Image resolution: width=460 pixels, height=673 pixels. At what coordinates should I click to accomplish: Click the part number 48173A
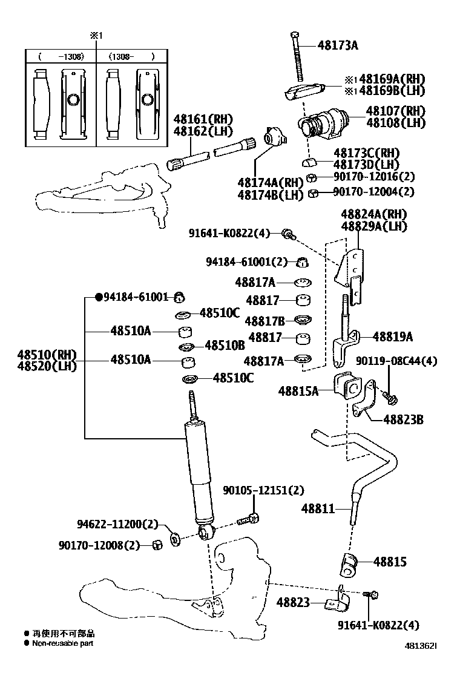[337, 45]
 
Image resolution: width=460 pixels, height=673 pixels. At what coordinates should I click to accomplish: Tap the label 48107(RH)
[395, 111]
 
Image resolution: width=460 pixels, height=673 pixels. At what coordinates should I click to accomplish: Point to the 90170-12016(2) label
[374, 177]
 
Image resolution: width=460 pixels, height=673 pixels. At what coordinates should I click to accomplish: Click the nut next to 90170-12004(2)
[313, 194]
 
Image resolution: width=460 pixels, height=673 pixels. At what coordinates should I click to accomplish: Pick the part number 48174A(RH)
[269, 183]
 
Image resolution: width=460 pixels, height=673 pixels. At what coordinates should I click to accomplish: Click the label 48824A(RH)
[373, 214]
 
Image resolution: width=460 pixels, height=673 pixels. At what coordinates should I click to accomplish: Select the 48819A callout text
[393, 337]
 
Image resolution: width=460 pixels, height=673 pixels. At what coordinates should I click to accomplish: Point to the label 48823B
[402, 419]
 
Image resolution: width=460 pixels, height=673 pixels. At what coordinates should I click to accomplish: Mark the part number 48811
[318, 509]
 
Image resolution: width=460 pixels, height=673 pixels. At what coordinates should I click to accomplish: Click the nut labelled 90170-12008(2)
[156, 545]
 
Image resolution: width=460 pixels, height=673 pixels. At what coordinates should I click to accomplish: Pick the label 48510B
[225, 346]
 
